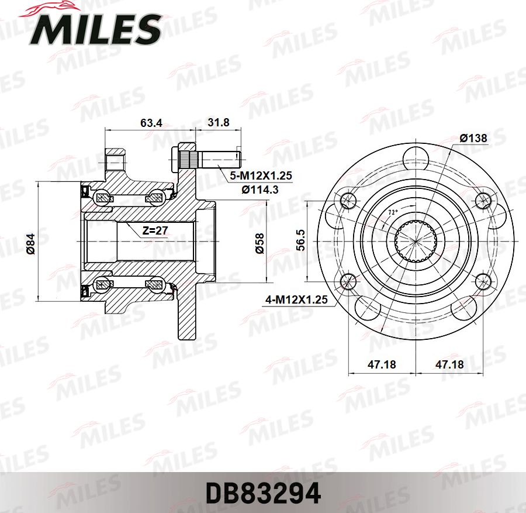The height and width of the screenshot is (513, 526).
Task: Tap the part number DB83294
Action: [x=262, y=494]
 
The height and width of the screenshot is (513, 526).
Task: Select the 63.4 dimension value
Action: [x=151, y=123]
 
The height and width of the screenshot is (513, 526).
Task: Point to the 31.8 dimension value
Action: [x=219, y=123]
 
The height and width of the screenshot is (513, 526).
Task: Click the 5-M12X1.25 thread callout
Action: [x=261, y=175]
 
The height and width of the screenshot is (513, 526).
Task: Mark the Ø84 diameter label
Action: [x=31, y=243]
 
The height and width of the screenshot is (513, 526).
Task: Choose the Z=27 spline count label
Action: [x=155, y=230]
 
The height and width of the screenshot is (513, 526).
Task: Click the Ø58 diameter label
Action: [x=260, y=243]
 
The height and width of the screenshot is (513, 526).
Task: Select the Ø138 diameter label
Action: [x=473, y=138]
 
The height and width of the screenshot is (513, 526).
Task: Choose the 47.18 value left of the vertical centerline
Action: [x=382, y=364]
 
